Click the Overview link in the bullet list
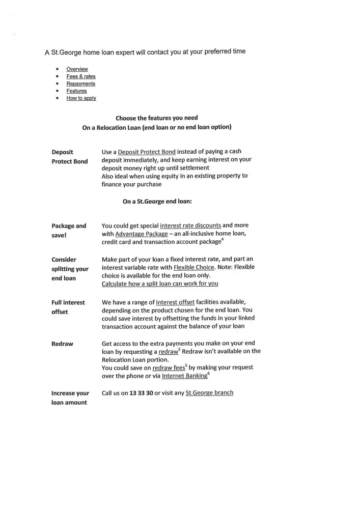[x=77, y=69]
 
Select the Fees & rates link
[x=81, y=76]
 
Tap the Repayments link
[x=80, y=83]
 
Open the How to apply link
[x=81, y=98]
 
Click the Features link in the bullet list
[x=76, y=91]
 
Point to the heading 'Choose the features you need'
[x=157, y=118]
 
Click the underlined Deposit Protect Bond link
[x=147, y=152]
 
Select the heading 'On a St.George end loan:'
[x=157, y=201]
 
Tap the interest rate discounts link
[x=190, y=225]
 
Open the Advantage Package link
[x=142, y=234]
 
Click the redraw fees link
[x=169, y=367]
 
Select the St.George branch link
[x=209, y=393]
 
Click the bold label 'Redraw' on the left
[x=62, y=344]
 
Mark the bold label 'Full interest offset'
[x=68, y=307]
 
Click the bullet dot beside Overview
[x=57, y=69]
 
